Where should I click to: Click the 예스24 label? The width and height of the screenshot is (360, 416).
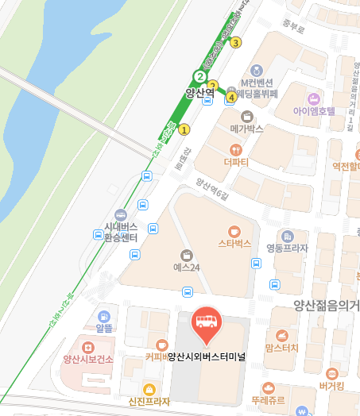(186, 268)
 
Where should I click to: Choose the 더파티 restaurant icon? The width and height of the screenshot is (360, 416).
(235, 149)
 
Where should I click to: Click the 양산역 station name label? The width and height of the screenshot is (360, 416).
(200, 93)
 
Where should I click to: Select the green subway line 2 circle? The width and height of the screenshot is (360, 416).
(199, 77)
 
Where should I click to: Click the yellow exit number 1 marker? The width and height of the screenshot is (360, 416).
(184, 129)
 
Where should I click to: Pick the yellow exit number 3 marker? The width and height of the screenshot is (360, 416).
(235, 43)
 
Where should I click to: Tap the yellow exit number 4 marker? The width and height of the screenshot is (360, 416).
(231, 97)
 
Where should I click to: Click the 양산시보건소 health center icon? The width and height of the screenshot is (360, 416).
(88, 346)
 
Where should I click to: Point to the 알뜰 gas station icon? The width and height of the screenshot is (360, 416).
(104, 314)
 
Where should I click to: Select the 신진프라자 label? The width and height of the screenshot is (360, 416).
(149, 402)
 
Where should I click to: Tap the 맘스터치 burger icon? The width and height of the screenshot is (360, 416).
(281, 335)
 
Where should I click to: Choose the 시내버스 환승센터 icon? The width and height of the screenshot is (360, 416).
(120, 214)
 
